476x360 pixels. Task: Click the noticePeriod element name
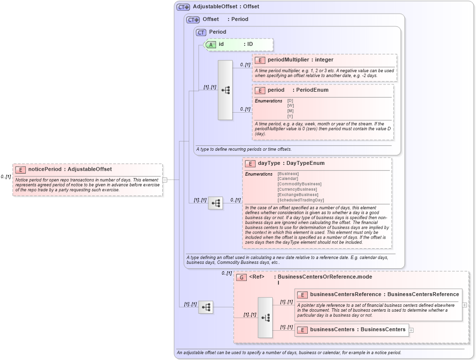(x=45, y=169)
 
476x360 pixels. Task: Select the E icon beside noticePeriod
(x=20, y=170)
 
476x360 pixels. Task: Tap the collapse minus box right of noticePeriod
(x=165, y=180)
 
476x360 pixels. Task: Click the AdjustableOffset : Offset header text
(x=226, y=7)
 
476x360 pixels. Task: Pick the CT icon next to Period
(x=201, y=32)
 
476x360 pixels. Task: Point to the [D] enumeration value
(x=290, y=100)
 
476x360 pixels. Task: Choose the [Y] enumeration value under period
(x=290, y=116)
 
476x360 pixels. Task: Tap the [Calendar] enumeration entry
(x=287, y=179)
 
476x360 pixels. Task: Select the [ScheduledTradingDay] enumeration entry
(x=300, y=200)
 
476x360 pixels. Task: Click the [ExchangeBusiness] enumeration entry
(x=297, y=195)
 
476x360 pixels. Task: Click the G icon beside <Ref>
(x=241, y=277)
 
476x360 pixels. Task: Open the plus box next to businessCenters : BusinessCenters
(x=412, y=330)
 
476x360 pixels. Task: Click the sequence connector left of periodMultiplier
(x=225, y=90)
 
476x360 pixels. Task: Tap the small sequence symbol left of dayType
(x=215, y=203)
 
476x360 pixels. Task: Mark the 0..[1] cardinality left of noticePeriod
(x=6, y=177)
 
